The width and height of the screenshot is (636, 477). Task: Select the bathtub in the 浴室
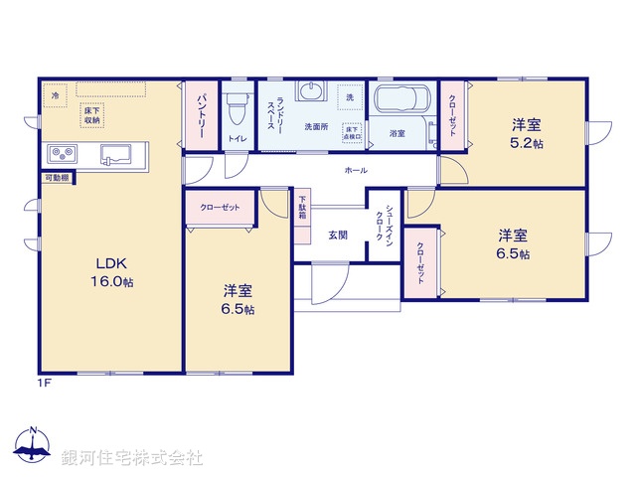400,102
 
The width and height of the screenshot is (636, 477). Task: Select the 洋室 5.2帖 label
527,133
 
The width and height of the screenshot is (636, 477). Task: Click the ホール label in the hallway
355,171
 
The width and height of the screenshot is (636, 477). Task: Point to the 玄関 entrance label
338,236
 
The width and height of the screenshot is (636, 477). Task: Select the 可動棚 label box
56,178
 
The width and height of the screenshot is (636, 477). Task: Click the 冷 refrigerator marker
56,96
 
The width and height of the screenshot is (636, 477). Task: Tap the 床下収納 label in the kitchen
92,114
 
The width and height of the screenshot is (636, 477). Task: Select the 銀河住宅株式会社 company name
132,458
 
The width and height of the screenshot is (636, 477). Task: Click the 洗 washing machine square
349,96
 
